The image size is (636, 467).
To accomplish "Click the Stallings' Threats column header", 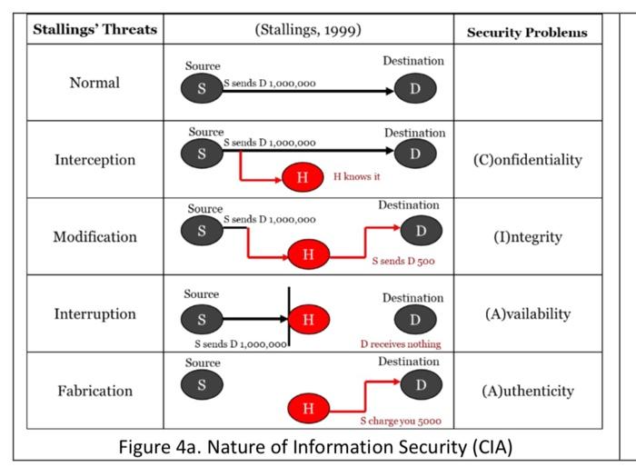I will point(94,29).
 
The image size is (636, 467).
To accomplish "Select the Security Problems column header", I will point(527,32).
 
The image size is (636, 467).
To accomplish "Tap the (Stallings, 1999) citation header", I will point(309,29).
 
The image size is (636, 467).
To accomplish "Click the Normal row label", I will point(94,83).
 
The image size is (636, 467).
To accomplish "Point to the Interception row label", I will point(94,160).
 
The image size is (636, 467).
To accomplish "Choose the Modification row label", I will point(94,237).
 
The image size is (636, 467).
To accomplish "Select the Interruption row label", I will point(94,314).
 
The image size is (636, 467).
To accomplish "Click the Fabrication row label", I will point(94,392).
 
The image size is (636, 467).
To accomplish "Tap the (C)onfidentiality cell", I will point(527,160).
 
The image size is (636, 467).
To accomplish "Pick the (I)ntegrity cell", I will point(527,237).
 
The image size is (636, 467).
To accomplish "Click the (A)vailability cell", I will point(527,314).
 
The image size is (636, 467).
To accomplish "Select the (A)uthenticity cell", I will point(527,392).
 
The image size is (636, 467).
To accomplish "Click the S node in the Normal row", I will point(202,89).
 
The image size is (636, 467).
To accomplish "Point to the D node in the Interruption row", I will point(415,320).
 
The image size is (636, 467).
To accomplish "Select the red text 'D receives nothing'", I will point(401,344).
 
